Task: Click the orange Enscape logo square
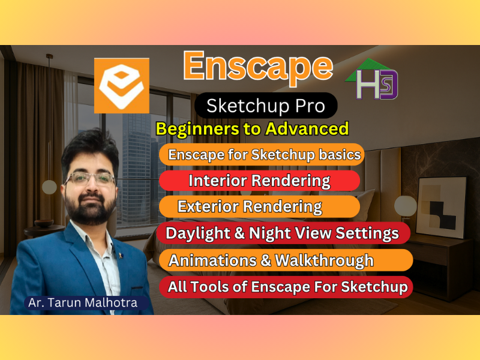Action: pyautogui.click(x=122, y=85)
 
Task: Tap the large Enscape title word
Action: pyautogui.click(x=258, y=65)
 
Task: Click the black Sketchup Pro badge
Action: pyautogui.click(x=266, y=106)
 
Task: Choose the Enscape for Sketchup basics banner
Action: pyautogui.click(x=262, y=154)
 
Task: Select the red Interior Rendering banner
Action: pyautogui.click(x=259, y=181)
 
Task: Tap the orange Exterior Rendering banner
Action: pyautogui.click(x=259, y=207)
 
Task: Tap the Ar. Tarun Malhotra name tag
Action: pyautogui.click(x=83, y=302)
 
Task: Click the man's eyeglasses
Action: pyautogui.click(x=90, y=179)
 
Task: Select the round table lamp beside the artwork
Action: pyautogui.click(x=406, y=205)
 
